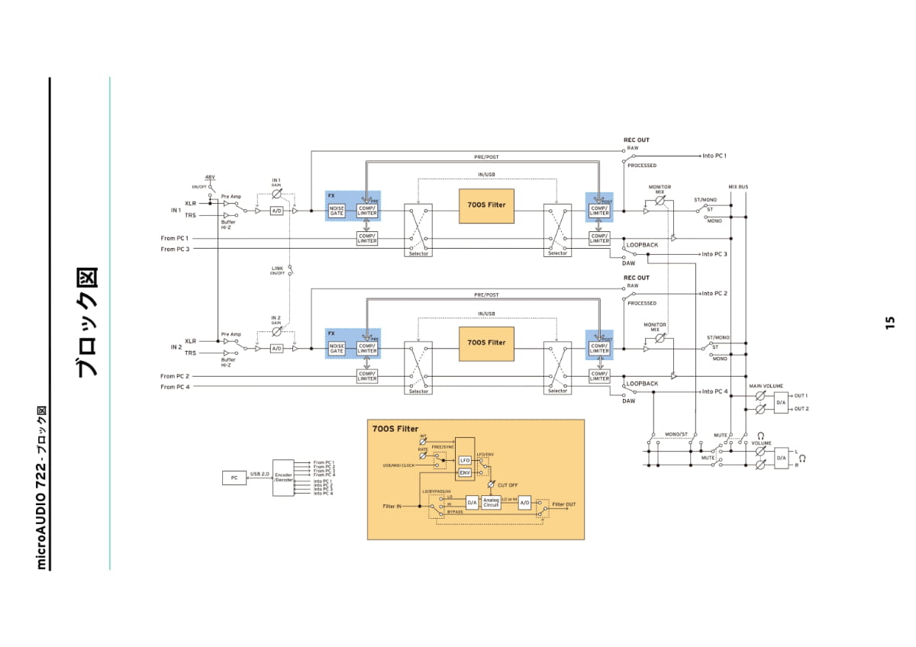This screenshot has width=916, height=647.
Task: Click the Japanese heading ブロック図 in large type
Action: (x=89, y=322)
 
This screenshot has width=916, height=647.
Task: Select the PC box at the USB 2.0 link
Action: (x=234, y=478)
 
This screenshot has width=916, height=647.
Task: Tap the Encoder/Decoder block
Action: (x=283, y=478)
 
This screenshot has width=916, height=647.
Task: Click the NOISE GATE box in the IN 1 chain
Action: (x=337, y=211)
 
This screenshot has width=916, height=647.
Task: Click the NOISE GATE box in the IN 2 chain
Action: (x=337, y=349)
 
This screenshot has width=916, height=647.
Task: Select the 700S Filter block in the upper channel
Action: (x=486, y=205)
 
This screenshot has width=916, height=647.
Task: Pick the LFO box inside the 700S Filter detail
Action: (x=465, y=461)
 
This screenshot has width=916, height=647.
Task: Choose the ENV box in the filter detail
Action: (x=465, y=473)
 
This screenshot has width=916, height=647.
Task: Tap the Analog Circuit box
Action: (x=491, y=503)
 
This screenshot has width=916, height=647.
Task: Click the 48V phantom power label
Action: (x=210, y=177)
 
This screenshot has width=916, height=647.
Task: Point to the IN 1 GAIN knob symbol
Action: (x=276, y=194)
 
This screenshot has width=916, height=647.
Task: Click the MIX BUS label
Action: (x=738, y=187)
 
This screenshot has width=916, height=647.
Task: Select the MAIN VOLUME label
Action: (x=766, y=387)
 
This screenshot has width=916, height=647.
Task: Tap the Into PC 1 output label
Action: (x=714, y=156)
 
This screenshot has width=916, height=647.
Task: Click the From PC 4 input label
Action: (x=175, y=388)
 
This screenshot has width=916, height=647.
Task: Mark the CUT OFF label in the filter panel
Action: (x=508, y=485)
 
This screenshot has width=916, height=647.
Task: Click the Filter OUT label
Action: (x=564, y=504)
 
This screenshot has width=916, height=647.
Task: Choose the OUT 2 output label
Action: (x=801, y=409)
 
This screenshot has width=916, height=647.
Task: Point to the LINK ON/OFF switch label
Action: (x=277, y=270)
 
